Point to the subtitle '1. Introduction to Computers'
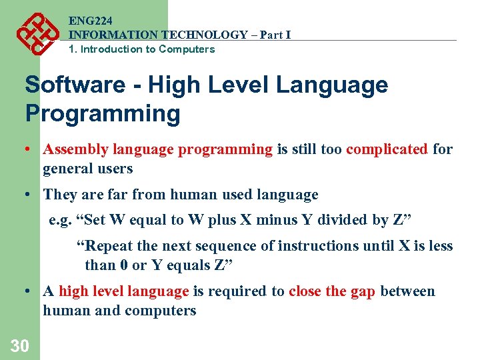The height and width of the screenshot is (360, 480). point(141,49)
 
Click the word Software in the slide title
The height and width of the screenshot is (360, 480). point(75,85)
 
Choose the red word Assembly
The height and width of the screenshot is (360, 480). point(75,149)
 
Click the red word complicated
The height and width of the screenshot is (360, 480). point(387,149)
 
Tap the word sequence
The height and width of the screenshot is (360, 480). point(228,246)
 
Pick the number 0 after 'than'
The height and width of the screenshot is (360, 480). point(123,265)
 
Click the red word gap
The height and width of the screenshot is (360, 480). point(362,291)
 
